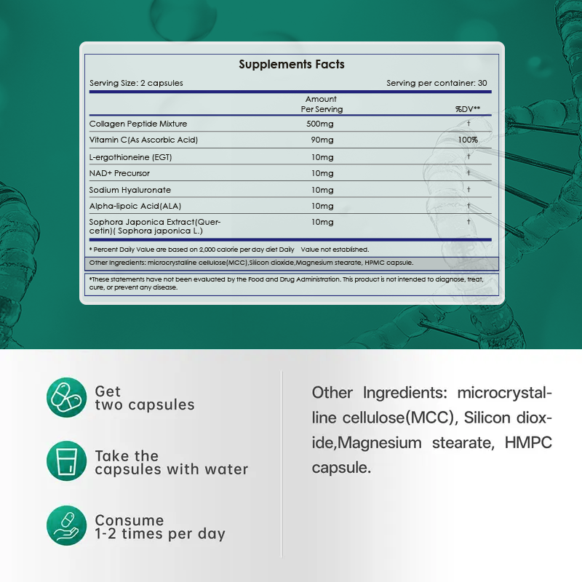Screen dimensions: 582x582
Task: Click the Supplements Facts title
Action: point(292,65)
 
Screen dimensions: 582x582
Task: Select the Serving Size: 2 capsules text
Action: point(136,83)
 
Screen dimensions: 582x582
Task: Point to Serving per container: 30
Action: point(436,83)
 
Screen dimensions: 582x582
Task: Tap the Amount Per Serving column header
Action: point(322,104)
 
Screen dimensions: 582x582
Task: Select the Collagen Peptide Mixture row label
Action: point(138,124)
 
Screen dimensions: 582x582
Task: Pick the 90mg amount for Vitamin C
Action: point(321,140)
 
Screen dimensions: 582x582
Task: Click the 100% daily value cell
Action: point(469,140)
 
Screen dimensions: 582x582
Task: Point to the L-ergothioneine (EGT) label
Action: point(131,157)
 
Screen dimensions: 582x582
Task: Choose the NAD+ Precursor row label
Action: point(120,173)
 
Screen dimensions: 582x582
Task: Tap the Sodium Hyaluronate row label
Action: point(130,190)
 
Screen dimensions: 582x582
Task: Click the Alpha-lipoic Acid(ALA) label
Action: point(135,206)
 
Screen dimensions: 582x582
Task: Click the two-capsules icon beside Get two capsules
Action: point(67,397)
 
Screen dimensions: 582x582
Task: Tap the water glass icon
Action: point(67,461)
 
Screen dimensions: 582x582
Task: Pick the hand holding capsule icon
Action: point(67,526)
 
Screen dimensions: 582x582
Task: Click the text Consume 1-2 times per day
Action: point(160,527)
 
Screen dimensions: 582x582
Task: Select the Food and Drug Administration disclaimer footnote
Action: point(291,283)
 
